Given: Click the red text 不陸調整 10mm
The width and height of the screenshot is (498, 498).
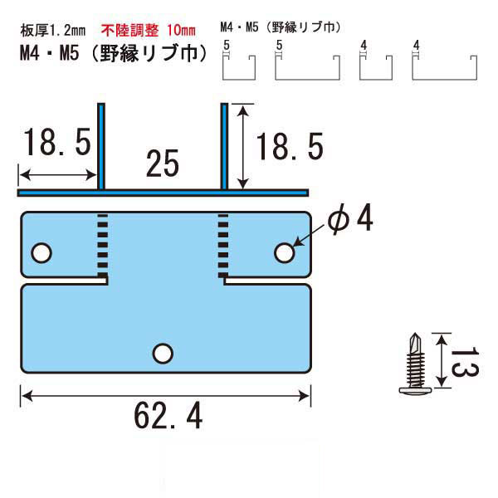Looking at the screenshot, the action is [x=149, y=30].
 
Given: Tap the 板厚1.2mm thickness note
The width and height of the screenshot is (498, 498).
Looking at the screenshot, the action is [x=53, y=31].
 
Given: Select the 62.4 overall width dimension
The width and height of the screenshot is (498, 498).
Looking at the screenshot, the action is [x=168, y=416].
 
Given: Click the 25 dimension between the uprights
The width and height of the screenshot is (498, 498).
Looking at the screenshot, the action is [x=163, y=164].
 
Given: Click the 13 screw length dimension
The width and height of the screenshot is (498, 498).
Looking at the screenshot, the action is [x=466, y=361].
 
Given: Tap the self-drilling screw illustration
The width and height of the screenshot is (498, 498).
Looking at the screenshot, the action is [x=416, y=364].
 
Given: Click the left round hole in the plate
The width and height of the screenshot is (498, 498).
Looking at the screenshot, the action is [x=41, y=253].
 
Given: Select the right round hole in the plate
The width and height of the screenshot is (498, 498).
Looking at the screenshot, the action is [x=284, y=253].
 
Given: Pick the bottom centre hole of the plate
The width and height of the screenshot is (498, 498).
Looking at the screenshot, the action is [x=163, y=354].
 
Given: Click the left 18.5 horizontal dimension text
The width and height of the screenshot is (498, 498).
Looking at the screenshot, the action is [x=57, y=142].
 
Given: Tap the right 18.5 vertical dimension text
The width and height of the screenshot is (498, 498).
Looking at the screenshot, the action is [x=290, y=146].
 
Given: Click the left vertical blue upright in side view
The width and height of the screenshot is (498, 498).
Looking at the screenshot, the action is [x=101, y=146].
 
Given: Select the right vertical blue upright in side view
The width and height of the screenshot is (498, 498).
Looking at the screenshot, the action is [x=224, y=146].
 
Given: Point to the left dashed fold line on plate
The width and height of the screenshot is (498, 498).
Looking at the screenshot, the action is [x=103, y=246].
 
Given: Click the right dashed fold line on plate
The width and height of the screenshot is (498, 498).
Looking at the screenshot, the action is [x=223, y=246].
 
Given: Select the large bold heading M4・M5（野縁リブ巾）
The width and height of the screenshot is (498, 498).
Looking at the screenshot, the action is [x=114, y=53].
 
